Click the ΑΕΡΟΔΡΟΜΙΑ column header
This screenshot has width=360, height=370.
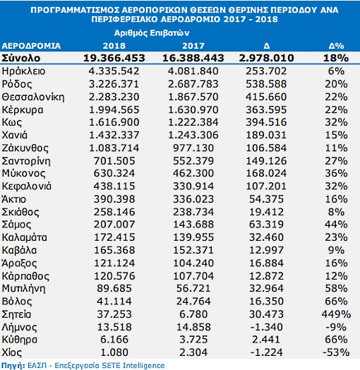point(31,46)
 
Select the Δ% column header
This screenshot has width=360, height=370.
point(337,46)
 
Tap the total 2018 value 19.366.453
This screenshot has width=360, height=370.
point(114,58)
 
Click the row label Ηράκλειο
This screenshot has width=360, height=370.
point(23,71)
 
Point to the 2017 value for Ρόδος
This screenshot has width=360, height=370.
point(193,84)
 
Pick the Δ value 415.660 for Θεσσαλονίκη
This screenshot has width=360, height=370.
point(266,97)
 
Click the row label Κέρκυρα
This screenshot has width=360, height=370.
point(23,110)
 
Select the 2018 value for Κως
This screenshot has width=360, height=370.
point(114,122)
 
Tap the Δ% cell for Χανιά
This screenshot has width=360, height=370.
point(337,135)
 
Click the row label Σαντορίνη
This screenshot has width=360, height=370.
point(26,161)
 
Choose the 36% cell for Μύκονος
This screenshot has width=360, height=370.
point(337,173)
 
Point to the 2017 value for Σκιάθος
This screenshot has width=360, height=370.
point(193,212)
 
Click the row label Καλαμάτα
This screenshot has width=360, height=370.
point(24,237)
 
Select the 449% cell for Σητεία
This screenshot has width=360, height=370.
point(337,314)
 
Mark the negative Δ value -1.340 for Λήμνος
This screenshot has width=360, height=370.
point(266,327)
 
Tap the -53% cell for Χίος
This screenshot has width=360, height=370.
point(336,352)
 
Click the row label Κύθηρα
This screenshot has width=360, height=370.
point(19,340)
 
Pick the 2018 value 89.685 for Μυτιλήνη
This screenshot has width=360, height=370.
point(114,288)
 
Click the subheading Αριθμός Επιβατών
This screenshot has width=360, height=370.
point(152,33)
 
